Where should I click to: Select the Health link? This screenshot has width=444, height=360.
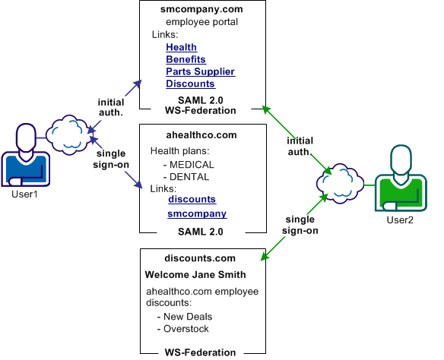[x=181, y=47]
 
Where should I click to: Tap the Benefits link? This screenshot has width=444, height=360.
[x=186, y=59]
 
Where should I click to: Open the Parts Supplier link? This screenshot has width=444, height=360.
[x=200, y=71]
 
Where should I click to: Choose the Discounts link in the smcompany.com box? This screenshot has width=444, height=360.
[x=190, y=84]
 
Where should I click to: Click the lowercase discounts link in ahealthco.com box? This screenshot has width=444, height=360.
[x=192, y=199]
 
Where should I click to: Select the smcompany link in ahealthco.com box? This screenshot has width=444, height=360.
[x=197, y=214]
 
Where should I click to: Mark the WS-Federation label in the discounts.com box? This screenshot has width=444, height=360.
[x=200, y=352]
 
